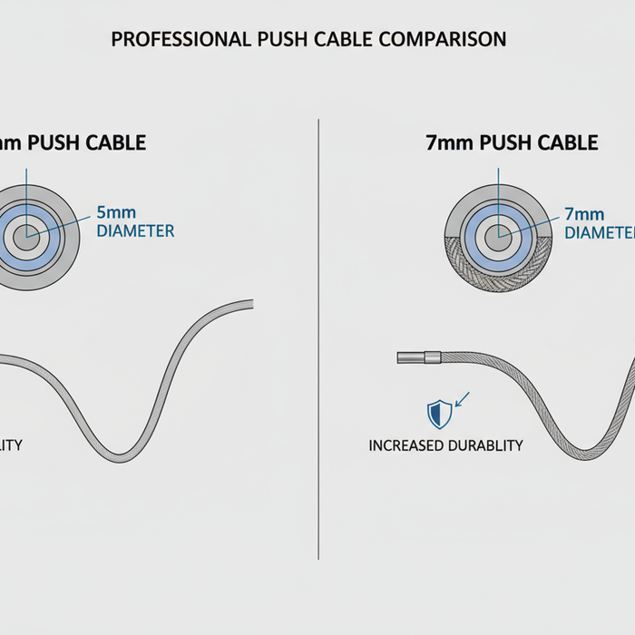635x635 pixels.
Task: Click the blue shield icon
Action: (x=440, y=414)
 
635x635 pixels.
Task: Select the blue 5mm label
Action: (x=115, y=214)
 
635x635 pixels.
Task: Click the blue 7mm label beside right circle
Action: (x=583, y=215)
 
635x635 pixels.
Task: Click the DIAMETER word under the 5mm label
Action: (x=135, y=231)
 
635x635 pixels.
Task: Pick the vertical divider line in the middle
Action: (x=318, y=336)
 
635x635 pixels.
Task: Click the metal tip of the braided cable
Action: (x=417, y=357)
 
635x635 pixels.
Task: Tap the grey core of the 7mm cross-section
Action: (x=496, y=239)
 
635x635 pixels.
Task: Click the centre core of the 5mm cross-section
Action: (x=28, y=234)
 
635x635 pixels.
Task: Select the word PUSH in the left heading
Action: (x=63, y=143)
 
